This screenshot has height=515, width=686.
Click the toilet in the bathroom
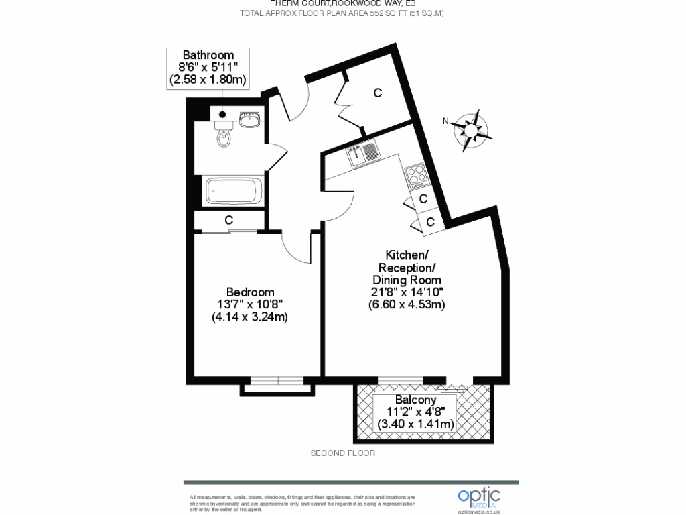(x=224, y=137)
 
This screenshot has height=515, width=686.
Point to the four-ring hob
(x=416, y=175)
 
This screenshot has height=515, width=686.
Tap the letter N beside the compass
(x=445, y=121)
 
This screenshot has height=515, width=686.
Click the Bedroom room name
(x=250, y=292)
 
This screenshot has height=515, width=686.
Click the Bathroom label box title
(x=208, y=55)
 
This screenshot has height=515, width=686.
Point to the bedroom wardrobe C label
(x=228, y=220)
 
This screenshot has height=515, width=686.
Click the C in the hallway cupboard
(x=378, y=93)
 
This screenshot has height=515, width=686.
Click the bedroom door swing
(x=297, y=249)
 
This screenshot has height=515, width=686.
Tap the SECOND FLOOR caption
(x=343, y=453)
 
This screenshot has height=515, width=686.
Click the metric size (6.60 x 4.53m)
(x=407, y=304)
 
